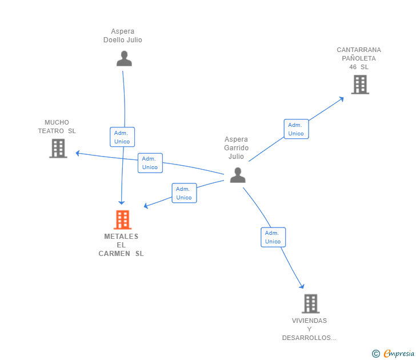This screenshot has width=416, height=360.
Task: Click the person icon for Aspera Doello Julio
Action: [124, 58]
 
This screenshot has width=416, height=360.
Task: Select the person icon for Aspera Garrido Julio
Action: [238, 175]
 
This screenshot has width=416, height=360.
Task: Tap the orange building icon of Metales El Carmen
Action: [122, 219]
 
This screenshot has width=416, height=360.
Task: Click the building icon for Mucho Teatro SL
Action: [58, 148]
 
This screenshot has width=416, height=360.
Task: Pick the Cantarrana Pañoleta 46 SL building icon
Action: [359, 85]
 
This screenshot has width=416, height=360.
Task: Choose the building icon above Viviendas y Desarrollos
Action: [310, 303]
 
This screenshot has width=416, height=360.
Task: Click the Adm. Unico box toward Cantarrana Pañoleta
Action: [296, 129]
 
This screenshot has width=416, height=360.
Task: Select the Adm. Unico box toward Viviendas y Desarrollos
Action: [273, 237]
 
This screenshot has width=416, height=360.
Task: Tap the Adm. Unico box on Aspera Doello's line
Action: [122, 137]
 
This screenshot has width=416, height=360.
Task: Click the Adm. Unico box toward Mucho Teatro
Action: [150, 163]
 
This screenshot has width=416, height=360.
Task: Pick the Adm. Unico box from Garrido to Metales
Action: [184, 193]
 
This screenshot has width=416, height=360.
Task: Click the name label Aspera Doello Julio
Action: [123, 36]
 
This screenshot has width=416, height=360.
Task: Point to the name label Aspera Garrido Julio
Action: [236, 148]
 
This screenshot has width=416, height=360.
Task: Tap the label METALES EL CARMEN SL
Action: [121, 245]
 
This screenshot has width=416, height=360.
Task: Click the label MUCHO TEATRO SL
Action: [57, 126]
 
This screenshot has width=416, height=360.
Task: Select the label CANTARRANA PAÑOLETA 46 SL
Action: [359, 58]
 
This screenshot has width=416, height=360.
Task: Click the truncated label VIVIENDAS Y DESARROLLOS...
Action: [309, 329]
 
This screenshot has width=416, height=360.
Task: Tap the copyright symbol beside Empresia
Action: [376, 354]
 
